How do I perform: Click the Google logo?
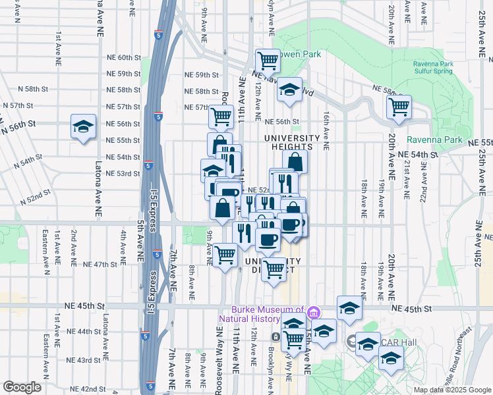pyautogui.click(x=22, y=387)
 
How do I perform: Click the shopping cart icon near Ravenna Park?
pyautogui.click(x=399, y=106)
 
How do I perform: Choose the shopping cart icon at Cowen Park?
pyautogui.click(x=268, y=61)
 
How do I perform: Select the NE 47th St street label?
pyautogui.click(x=100, y=264)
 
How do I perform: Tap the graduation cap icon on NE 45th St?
pyautogui.click(x=349, y=307)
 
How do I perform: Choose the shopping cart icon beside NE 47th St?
pyautogui.click(x=225, y=254)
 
